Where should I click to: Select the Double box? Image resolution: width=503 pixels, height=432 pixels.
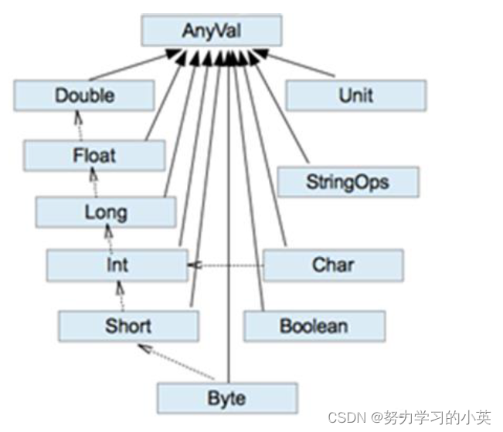(84, 96)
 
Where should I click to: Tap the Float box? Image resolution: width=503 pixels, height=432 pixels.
(94, 155)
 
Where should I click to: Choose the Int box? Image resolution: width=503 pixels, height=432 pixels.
(117, 265)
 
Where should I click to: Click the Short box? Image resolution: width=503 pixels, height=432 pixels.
(128, 325)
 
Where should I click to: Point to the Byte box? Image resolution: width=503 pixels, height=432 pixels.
(226, 398)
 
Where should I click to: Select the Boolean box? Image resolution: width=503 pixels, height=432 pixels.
(314, 325)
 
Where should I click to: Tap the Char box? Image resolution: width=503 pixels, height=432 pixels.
(333, 265)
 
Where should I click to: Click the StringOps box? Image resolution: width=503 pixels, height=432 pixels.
(347, 183)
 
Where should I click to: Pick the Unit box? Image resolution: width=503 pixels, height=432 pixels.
(355, 96)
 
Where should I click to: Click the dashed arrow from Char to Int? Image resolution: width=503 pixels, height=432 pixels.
(228, 265)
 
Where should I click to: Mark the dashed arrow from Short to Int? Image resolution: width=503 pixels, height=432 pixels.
(121, 295)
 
